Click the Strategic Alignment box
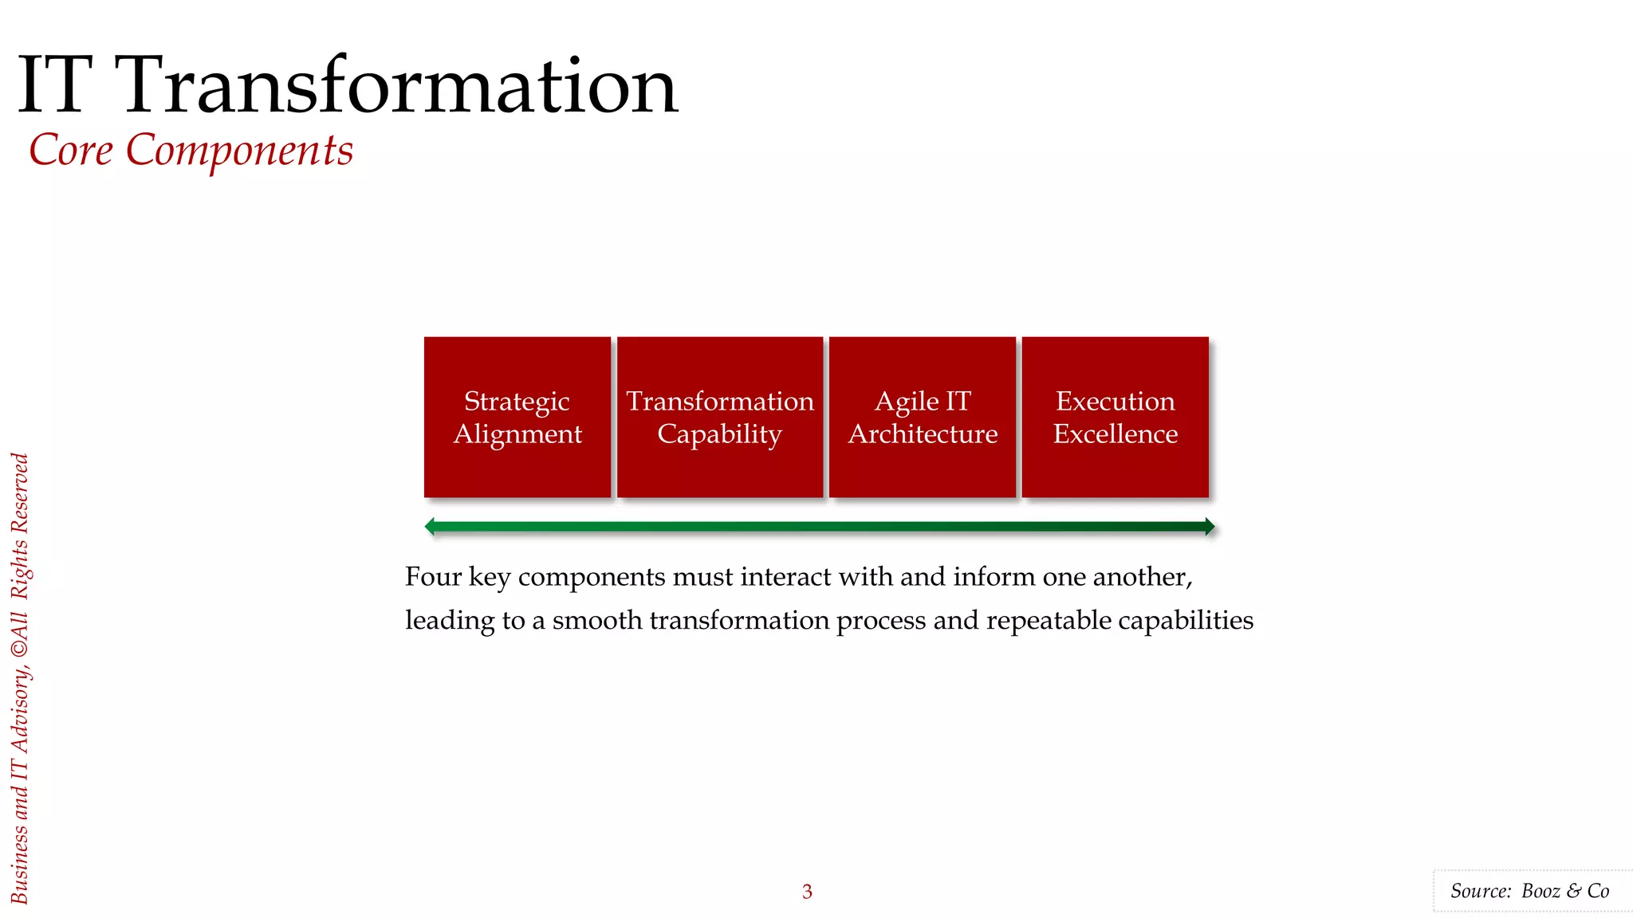tap(517, 417)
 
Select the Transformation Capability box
tap(719, 417)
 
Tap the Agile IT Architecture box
tap(923, 417)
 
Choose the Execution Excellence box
tap(1115, 417)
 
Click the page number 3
tap(807, 892)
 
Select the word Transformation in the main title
tap(399, 86)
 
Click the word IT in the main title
tap(54, 86)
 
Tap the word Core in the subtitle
tap(71, 150)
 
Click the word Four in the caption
tap(433, 576)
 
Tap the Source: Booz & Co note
tap(1529, 891)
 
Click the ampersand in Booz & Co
tap(1574, 891)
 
